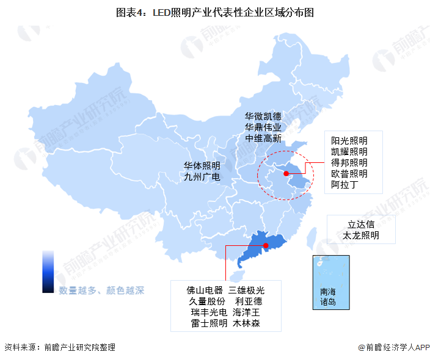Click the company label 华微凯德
tap(263, 116)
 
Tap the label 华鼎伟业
tap(263, 127)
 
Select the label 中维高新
tap(263, 139)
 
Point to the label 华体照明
tap(202, 165)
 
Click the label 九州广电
tap(202, 177)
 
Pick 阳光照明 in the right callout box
tap(349, 140)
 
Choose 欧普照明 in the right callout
tap(349, 173)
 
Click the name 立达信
tap(361, 224)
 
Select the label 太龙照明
tap(361, 235)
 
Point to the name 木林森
tap(246, 323)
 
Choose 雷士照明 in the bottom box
tap(208, 323)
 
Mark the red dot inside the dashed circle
tap(284, 172)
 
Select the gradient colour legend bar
tap(48, 272)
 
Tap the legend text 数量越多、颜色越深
tap(101, 290)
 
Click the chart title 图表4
tap(214, 12)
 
